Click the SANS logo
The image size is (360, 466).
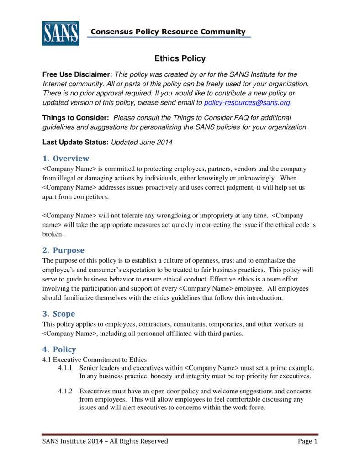tap(61, 33)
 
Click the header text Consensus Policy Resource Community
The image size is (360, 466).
tap(168, 32)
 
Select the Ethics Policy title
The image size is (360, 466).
tap(180, 58)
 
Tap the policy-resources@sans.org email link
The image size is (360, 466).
tap(247, 102)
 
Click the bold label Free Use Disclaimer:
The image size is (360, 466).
tap(77, 74)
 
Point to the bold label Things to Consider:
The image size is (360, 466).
tap(76, 118)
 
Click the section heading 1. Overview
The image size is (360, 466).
tap(66, 159)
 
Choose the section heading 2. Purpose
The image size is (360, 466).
tap(64, 250)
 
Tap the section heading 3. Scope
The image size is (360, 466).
tap(59, 314)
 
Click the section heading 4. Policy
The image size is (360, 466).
tap(59, 349)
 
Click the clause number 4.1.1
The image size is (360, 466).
tap(66, 368)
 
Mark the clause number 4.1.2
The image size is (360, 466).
tap(66, 391)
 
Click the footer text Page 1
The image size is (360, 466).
tap(307, 441)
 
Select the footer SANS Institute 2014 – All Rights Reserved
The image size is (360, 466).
tap(105, 441)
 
